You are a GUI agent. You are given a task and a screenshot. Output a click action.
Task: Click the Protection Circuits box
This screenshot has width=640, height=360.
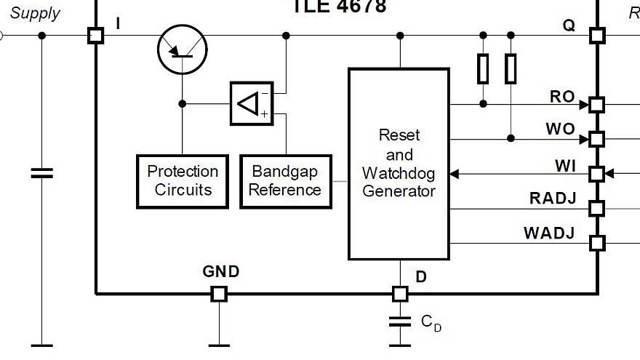pyautogui.click(x=183, y=181)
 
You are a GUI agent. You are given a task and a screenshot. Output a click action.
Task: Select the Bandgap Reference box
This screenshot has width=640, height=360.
pyautogui.click(x=286, y=181)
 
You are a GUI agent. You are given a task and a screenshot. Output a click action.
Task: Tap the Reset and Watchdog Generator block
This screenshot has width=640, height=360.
pyautogui.click(x=399, y=164)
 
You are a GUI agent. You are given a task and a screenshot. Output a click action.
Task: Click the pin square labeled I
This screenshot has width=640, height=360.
pyautogui.click(x=95, y=35)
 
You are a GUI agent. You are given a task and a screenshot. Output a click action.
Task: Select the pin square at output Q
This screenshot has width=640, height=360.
pyautogui.click(x=596, y=35)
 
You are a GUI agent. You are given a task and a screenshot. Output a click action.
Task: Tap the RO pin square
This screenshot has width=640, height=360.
pyautogui.click(x=596, y=104)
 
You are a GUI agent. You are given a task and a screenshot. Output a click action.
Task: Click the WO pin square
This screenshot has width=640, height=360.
pyautogui.click(x=596, y=138)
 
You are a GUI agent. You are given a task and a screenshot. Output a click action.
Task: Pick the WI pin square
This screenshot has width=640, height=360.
pyautogui.click(x=596, y=174)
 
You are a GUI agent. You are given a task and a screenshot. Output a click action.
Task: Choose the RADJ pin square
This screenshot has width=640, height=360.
pyautogui.click(x=596, y=209)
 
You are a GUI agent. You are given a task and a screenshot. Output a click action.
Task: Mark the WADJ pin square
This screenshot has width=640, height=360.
pyautogui.click(x=596, y=243)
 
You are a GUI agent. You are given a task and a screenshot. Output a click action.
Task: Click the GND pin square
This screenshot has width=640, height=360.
pyautogui.click(x=219, y=294)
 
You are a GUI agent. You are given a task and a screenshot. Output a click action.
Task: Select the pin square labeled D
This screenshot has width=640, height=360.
pyautogui.click(x=400, y=294)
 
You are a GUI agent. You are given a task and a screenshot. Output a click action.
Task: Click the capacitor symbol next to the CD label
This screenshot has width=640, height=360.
pyautogui.click(x=400, y=321)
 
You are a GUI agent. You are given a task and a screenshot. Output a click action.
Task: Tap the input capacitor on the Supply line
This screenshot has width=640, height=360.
pyautogui.click(x=41, y=173)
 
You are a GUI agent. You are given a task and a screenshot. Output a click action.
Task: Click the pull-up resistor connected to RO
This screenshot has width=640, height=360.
pyautogui.click(x=483, y=68)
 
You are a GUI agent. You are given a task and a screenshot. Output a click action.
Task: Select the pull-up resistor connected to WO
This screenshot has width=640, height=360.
pyautogui.click(x=511, y=68)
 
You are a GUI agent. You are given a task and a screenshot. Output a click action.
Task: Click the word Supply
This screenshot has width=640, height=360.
pyautogui.click(x=35, y=12)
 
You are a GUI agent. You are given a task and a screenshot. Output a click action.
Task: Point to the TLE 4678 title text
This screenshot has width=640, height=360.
pyautogui.click(x=340, y=7)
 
